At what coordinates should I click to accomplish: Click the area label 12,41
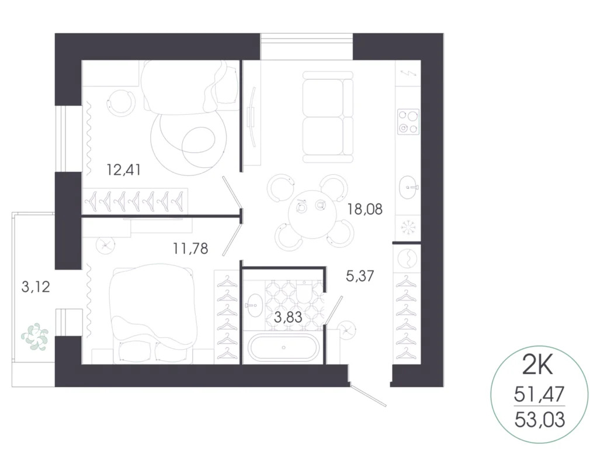123,170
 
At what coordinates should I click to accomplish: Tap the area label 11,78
190,249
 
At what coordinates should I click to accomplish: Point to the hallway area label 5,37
359,277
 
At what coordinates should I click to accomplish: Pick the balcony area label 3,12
35,287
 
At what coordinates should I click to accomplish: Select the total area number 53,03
539,419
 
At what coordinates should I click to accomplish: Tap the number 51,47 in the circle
539,393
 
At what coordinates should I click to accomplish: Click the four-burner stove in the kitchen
408,122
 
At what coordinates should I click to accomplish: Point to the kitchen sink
408,188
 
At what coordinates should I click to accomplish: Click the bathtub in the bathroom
283,347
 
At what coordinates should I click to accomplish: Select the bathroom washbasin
254,304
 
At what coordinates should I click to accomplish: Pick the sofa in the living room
328,117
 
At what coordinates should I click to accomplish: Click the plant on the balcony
34,337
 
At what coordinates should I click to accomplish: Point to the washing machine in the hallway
408,257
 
